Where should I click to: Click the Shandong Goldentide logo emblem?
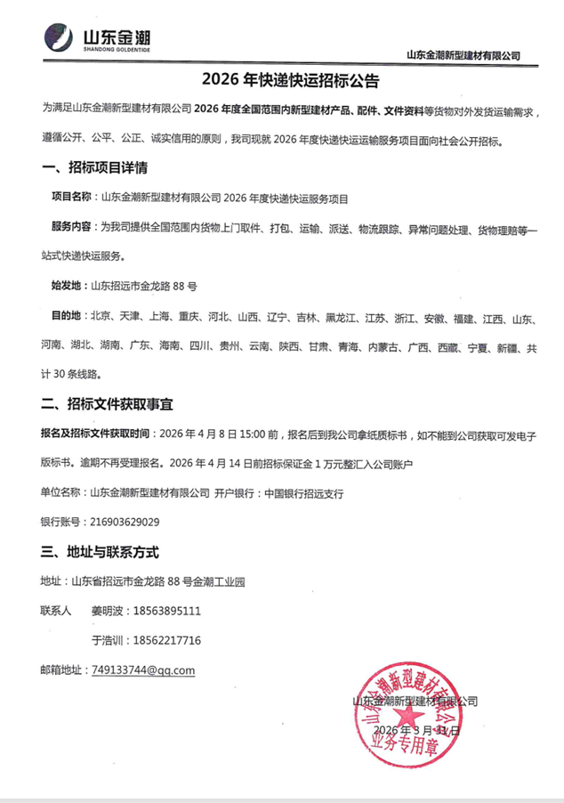(60, 38)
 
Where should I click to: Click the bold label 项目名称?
(72, 198)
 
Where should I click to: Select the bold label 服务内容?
(72, 228)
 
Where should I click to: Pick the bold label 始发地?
(67, 287)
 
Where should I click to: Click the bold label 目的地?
(67, 318)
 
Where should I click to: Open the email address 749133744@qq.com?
(142, 670)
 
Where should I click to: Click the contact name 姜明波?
(108, 612)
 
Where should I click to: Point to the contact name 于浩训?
(108, 641)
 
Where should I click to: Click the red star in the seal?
(411, 719)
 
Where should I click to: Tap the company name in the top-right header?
(463, 55)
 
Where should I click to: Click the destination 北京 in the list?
(101, 318)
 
